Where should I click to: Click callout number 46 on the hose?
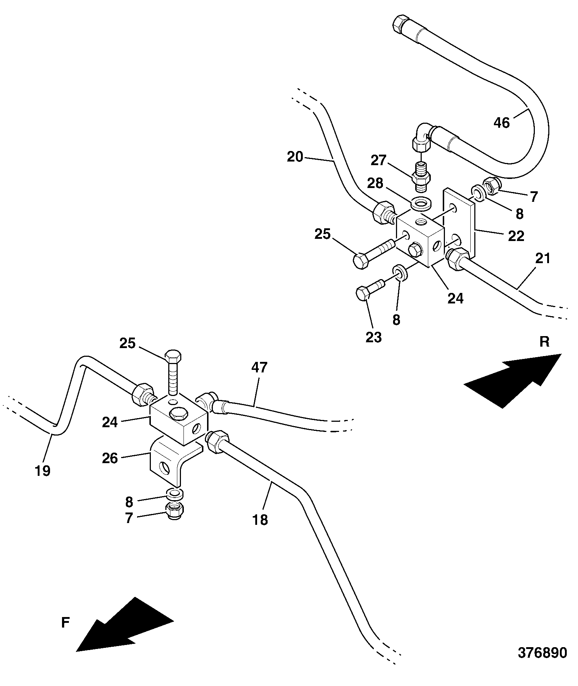point(502,123)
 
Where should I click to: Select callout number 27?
point(379,160)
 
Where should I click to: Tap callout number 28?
point(375,183)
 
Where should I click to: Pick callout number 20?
point(295,157)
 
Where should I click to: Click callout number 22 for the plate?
point(516,236)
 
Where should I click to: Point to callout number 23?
point(373,337)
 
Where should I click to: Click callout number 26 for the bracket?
point(110,458)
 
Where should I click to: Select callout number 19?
point(43,471)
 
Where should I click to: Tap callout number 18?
point(260,520)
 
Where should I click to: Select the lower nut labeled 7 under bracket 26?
point(174,511)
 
